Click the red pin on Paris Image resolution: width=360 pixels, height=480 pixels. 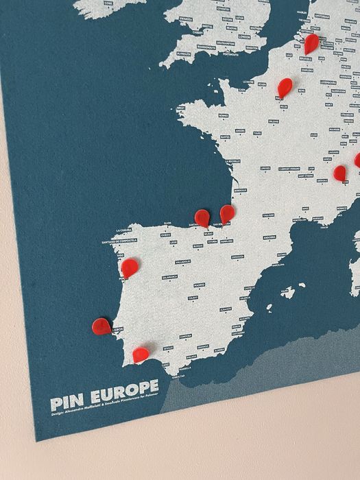tap(285, 87)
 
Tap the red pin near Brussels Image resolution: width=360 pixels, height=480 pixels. tap(311, 43)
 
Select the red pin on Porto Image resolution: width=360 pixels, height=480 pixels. tap(130, 267)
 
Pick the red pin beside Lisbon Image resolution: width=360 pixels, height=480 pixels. tap(102, 326)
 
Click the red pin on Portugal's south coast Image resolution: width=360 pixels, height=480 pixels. tap(141, 355)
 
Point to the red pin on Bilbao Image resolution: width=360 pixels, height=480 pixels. tap(202, 218)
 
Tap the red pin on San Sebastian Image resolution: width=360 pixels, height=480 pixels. tap(227, 213)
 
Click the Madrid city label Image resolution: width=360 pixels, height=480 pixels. tap(199, 285)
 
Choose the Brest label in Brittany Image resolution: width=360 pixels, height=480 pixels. tap(181, 108)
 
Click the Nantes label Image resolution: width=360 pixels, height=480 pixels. tap(225, 136)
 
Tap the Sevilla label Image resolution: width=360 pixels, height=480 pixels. tap(168, 348)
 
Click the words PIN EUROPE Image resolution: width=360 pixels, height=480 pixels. tap(104, 387)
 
